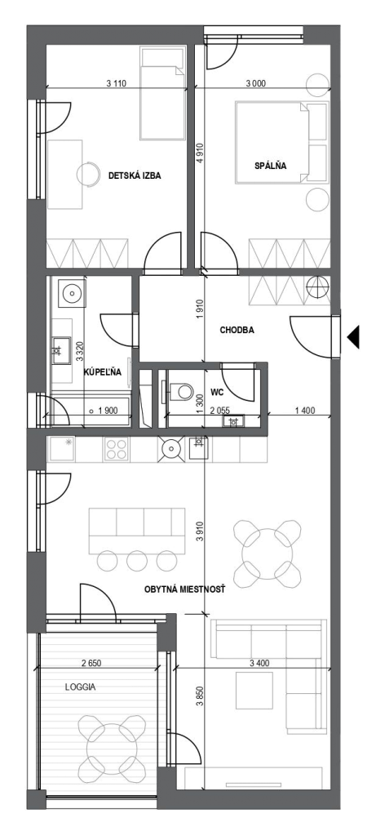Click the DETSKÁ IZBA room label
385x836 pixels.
135,176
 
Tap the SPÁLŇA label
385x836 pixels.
271,165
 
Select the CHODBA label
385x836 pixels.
237,330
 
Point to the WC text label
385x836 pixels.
217,393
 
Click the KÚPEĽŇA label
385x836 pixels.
103,372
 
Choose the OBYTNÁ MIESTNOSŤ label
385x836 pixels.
185,589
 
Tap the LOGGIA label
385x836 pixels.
81,687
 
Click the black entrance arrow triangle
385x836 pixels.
353,336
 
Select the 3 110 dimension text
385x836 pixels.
117,82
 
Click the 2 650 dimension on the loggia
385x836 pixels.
91,663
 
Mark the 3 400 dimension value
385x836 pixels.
259,663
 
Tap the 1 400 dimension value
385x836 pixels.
304,411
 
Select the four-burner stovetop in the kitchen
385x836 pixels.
116,449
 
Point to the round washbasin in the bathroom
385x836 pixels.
71,292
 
